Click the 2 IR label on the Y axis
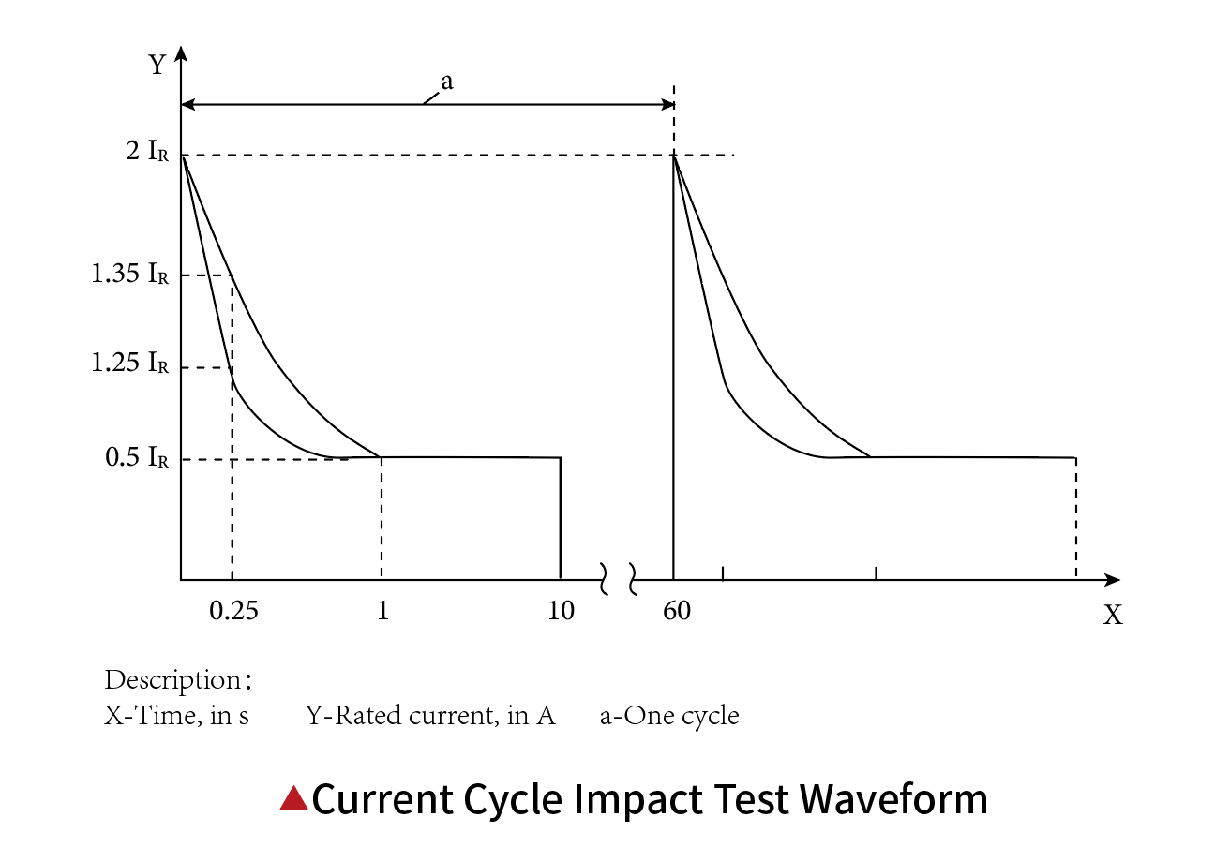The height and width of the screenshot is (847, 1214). click(x=147, y=152)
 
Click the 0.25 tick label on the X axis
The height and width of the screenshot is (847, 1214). click(x=233, y=612)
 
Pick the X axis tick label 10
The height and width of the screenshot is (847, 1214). click(x=562, y=612)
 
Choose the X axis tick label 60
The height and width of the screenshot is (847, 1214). click(x=677, y=612)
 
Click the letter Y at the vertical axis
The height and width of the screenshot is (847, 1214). click(x=158, y=65)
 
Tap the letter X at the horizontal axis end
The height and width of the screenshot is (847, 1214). click(x=1113, y=616)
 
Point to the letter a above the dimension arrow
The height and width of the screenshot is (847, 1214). click(x=447, y=82)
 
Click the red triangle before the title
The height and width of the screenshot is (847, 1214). click(x=294, y=797)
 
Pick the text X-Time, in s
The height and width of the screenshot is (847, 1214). click(x=176, y=716)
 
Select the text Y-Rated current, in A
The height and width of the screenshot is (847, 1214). click(x=430, y=716)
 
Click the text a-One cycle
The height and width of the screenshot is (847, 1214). click(x=669, y=716)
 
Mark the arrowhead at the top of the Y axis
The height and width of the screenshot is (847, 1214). click(x=181, y=52)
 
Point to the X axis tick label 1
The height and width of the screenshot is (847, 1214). click(x=382, y=612)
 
